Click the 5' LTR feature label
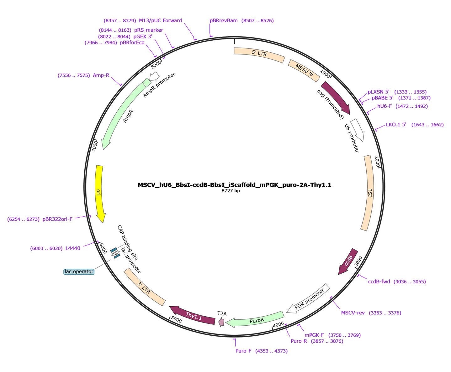(259, 53)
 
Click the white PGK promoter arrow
(309, 299)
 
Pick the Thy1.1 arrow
(194, 316)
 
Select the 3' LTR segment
(144, 288)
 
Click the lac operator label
(79, 271)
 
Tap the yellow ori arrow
(99, 193)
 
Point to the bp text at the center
(237, 191)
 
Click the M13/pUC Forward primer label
(143, 21)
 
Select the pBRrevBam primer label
(242, 21)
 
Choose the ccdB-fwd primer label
(396, 282)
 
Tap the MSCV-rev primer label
(371, 313)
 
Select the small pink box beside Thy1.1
(221, 322)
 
